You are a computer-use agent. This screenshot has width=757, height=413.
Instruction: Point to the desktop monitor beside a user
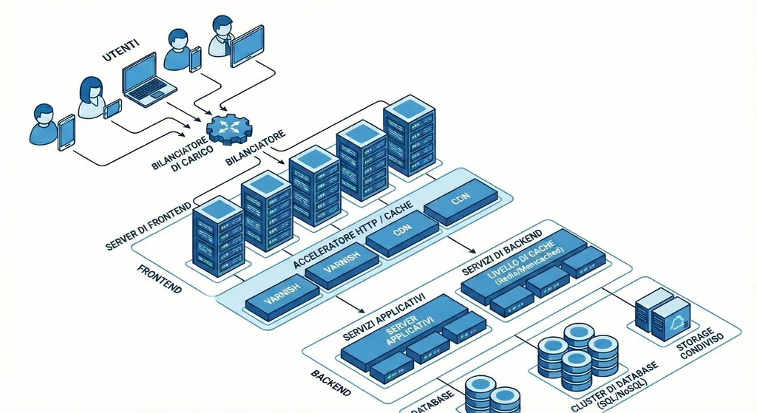pyautogui.click(x=247, y=44)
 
